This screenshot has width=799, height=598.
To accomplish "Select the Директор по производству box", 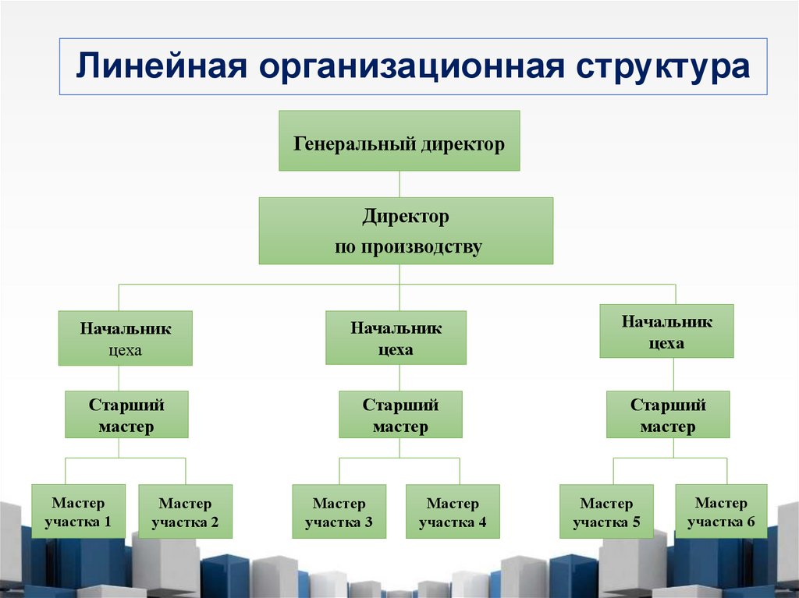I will point(406,231).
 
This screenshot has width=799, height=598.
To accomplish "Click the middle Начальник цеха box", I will point(396,338).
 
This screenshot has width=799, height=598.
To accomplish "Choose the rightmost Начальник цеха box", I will point(666,331).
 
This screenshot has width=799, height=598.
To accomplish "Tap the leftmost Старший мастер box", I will point(126,415).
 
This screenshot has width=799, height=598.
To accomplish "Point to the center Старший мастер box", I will point(400,415).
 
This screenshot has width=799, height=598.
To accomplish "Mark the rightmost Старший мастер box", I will point(668,415).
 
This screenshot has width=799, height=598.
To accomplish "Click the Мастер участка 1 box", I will point(78,511).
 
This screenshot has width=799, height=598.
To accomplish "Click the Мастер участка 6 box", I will point(721,511).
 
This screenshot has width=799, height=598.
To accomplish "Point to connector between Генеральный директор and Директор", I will point(399,184).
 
